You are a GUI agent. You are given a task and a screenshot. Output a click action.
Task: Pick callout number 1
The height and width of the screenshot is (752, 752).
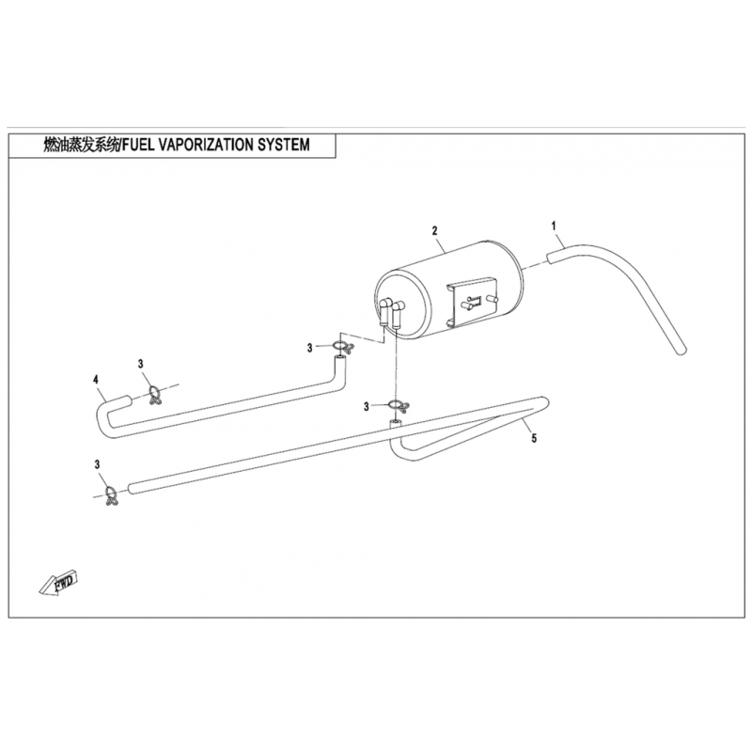point(555,226)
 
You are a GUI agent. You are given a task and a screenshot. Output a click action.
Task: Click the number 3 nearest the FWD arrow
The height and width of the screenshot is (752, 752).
point(97,464)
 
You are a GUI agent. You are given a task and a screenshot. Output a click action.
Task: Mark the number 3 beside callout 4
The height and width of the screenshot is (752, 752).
point(141,364)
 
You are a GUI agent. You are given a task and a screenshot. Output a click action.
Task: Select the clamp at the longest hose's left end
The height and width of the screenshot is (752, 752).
point(110,494)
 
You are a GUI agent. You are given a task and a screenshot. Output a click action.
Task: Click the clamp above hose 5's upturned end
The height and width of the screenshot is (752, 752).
point(399,408)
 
